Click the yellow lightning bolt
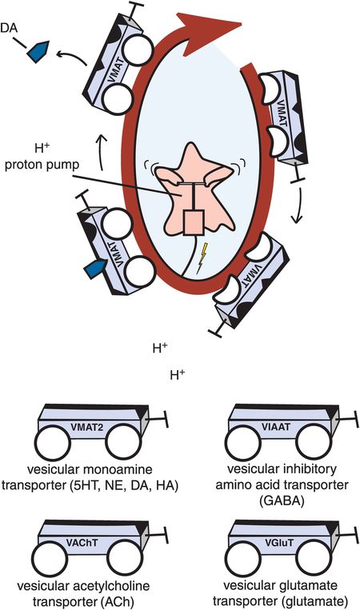(202, 258)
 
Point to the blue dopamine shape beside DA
(38, 51)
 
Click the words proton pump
(42, 164)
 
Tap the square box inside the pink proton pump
(194, 223)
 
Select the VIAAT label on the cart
(278, 426)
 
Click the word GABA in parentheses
(282, 501)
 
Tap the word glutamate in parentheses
(314, 600)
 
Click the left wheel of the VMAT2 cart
(53, 444)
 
